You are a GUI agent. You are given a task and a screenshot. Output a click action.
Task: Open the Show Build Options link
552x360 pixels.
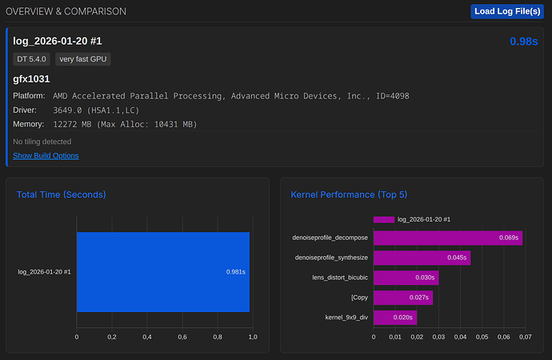coord(46,155)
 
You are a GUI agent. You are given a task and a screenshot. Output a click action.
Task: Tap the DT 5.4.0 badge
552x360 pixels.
coord(32,58)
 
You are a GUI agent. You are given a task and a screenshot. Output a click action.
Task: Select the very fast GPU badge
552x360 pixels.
coord(83,58)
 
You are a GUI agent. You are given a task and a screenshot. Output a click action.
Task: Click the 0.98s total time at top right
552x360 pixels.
coord(523,41)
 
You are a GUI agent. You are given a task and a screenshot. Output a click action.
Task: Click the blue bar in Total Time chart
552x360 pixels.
coord(163,272)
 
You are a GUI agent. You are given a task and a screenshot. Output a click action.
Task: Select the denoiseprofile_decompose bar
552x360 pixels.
coord(447,238)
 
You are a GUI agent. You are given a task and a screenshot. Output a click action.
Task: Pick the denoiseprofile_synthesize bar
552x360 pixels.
coord(422,258)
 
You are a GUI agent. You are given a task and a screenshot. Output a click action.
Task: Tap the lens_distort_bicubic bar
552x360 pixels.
coord(406,278)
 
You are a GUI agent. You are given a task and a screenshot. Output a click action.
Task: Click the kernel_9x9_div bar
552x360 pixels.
coord(394,318)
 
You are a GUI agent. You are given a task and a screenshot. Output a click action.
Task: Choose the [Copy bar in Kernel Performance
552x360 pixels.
coord(402,298)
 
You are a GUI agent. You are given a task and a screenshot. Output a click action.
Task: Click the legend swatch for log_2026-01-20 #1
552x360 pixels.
coord(383,219)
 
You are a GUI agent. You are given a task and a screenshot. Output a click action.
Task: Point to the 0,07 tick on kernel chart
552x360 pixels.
coord(525,337)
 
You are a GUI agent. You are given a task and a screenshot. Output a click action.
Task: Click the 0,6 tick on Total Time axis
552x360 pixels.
coord(182,337)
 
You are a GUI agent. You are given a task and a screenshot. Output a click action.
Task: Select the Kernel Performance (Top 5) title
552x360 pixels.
coord(349,194)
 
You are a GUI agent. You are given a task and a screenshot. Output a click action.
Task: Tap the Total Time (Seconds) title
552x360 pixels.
coord(62,194)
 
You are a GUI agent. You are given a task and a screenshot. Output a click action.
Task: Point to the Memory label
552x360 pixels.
coord(30,124)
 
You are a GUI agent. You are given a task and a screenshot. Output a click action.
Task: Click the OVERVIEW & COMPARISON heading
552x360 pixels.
coord(66,12)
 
